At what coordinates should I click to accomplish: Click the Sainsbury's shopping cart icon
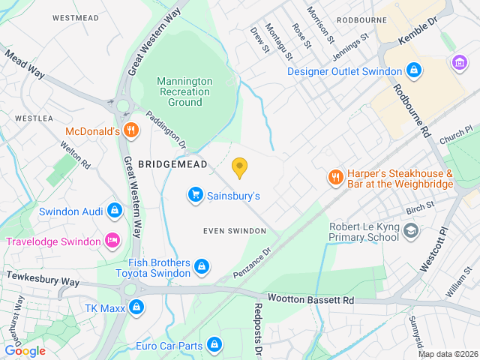(x=196, y=195)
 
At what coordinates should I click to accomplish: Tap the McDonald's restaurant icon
(x=132, y=130)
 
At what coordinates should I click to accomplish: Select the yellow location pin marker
(x=240, y=168)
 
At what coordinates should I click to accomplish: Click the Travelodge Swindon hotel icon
(x=112, y=241)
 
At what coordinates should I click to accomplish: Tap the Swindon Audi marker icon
(x=114, y=211)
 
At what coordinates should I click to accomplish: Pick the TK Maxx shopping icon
(x=136, y=306)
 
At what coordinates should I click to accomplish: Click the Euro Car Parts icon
(x=214, y=345)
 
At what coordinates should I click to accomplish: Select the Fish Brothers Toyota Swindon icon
(x=202, y=266)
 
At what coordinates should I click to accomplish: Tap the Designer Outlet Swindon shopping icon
(x=412, y=71)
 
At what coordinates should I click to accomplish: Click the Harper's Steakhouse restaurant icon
(x=334, y=178)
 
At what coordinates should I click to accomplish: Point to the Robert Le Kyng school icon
(x=410, y=230)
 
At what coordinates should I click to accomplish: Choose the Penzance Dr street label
(x=256, y=259)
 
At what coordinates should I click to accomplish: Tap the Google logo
(x=25, y=350)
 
